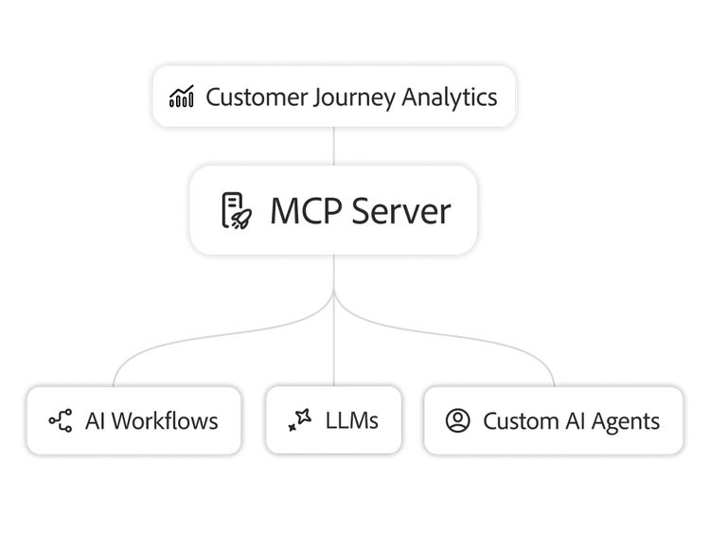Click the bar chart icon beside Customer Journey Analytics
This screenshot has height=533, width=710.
tap(182, 98)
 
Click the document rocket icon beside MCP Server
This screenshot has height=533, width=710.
tap(237, 210)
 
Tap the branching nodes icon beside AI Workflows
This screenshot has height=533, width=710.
tap(61, 420)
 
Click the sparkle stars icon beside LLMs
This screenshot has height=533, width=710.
tap(300, 420)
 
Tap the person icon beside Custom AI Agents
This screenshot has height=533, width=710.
tap(458, 420)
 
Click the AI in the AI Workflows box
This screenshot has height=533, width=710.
tap(95, 420)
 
